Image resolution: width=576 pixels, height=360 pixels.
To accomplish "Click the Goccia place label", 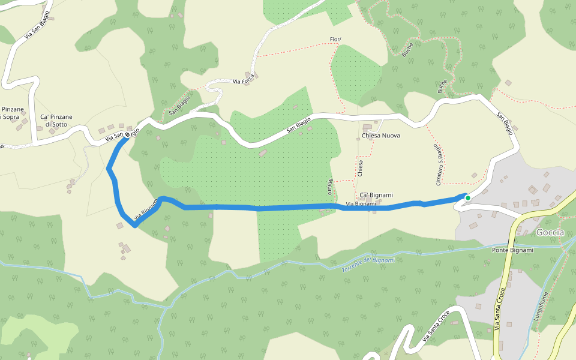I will point(550,232).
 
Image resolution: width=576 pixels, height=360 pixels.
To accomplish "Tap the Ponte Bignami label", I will point(512,250).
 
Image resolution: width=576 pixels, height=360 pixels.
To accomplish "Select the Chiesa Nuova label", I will point(380,136).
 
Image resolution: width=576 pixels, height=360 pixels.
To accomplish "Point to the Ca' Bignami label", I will point(376,195).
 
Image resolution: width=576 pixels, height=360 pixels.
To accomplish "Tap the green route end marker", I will point(468,197).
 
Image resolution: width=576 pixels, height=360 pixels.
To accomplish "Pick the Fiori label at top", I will point(335,40).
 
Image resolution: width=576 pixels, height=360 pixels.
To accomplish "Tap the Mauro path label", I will point(330,186).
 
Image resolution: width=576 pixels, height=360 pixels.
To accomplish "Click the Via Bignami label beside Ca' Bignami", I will point(361,204).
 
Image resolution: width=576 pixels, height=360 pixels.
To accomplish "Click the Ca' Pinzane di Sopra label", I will point(11,113).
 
